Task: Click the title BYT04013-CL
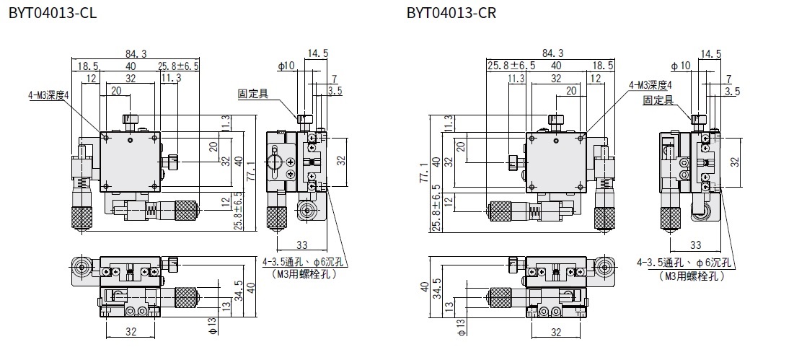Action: pos(51,12)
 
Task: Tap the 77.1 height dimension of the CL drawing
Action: pos(251,175)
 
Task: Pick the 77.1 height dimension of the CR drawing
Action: pos(433,175)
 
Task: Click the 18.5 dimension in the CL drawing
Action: pos(88,66)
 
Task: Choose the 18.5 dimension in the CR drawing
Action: pos(601,66)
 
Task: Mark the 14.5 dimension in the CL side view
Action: pos(317,53)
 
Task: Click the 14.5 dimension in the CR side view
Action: pos(711,53)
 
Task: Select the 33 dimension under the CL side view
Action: pos(302,245)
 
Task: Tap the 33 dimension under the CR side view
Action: pos(696,245)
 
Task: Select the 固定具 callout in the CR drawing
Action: pos(658,101)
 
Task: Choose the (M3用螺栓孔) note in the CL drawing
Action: pos(305,274)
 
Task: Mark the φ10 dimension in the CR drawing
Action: pos(680,66)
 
